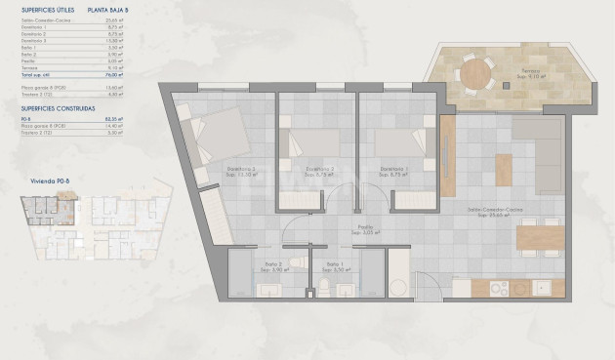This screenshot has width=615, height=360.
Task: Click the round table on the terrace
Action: (x=475, y=72)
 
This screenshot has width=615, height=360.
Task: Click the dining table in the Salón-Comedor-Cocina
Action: (x=539, y=236)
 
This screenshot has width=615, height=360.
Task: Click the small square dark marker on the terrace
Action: (x=506, y=86)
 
